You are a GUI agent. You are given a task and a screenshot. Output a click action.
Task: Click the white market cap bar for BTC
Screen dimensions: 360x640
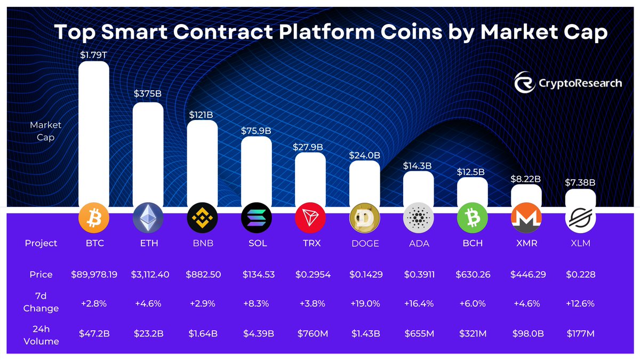click(94, 133)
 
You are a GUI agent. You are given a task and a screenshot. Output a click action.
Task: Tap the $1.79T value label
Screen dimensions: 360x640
click(93, 54)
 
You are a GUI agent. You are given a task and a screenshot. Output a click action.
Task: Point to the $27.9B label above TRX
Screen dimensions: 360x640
click(310, 146)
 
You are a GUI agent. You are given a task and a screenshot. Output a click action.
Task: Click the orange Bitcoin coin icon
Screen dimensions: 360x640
click(94, 218)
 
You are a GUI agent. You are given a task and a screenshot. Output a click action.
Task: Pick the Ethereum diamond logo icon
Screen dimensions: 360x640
click(148, 218)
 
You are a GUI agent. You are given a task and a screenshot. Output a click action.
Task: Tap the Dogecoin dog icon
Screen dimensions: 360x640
click(364, 218)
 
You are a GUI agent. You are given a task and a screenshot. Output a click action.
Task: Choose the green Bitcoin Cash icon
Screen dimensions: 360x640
click(473, 218)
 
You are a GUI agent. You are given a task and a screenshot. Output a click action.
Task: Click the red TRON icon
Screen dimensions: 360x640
click(310, 218)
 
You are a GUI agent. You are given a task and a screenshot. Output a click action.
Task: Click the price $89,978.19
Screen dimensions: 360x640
click(94, 275)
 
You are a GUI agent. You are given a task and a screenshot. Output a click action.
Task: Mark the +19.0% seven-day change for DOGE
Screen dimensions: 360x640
click(364, 303)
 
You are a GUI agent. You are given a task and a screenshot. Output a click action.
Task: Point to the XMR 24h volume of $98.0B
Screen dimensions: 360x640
click(526, 334)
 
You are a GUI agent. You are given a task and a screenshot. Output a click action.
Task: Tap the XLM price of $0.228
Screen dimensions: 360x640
click(580, 275)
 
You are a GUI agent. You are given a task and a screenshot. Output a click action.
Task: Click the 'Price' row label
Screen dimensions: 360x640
click(41, 275)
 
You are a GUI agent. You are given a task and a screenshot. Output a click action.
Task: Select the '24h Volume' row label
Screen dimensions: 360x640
click(41, 334)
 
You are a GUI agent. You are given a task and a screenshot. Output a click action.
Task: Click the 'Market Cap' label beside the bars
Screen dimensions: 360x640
click(45, 131)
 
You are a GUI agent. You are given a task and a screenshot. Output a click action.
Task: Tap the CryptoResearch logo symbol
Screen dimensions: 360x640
click(524, 83)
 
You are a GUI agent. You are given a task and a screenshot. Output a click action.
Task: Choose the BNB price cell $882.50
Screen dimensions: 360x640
click(202, 275)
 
